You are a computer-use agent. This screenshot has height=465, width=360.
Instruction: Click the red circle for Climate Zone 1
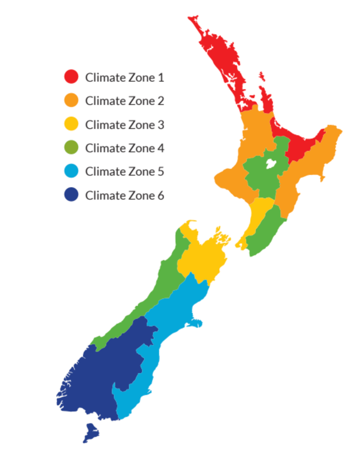point(71,77)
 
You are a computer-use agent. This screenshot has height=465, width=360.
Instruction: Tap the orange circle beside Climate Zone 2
point(71,100)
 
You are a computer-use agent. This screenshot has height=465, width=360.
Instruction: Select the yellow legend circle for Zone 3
point(71,124)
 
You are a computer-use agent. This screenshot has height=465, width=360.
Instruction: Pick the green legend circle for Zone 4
point(71,147)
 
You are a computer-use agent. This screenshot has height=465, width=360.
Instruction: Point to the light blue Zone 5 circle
point(71,171)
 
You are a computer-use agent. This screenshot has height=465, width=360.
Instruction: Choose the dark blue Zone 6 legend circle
point(71,194)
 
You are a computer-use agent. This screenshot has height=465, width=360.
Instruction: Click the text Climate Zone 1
point(124,77)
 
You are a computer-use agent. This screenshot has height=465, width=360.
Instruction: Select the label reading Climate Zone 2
point(124,101)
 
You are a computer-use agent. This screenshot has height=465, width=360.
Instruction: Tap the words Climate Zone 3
point(124,124)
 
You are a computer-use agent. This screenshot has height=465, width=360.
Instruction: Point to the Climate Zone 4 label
point(124,148)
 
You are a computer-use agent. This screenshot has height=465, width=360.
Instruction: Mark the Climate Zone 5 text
point(124,171)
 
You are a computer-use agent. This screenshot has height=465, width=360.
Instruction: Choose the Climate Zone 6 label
point(124,195)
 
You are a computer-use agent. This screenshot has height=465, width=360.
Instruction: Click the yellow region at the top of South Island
point(202,257)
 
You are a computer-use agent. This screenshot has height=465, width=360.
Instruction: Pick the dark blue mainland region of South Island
point(103,377)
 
